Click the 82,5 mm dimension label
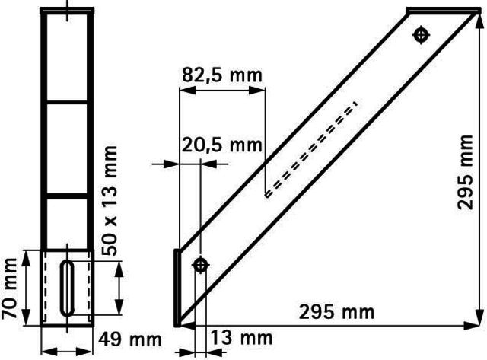click(x=222, y=75)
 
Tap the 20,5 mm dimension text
click(x=221, y=145)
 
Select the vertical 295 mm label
click(x=466, y=172)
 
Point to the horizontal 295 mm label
click(x=336, y=312)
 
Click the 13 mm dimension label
click(x=242, y=338)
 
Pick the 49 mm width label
click(x=130, y=339)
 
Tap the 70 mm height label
click(x=9, y=288)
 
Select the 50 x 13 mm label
click(x=110, y=201)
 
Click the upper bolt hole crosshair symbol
click(x=421, y=35)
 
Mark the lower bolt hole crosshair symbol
click(x=201, y=266)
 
